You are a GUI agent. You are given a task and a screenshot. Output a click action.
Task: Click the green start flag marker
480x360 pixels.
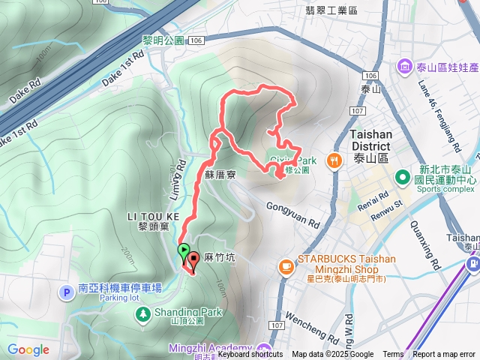click(x=183, y=250)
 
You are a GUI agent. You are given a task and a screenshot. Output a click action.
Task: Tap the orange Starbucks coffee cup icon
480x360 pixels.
click(x=286, y=265)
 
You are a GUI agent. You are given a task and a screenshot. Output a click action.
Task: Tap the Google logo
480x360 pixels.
click(x=28, y=349)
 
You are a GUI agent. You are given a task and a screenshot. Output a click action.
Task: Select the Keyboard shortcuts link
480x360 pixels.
click(x=250, y=355)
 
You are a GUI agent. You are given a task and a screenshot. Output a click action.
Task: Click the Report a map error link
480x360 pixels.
click(x=444, y=355)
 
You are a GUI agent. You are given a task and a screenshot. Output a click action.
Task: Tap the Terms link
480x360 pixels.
click(x=393, y=355)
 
